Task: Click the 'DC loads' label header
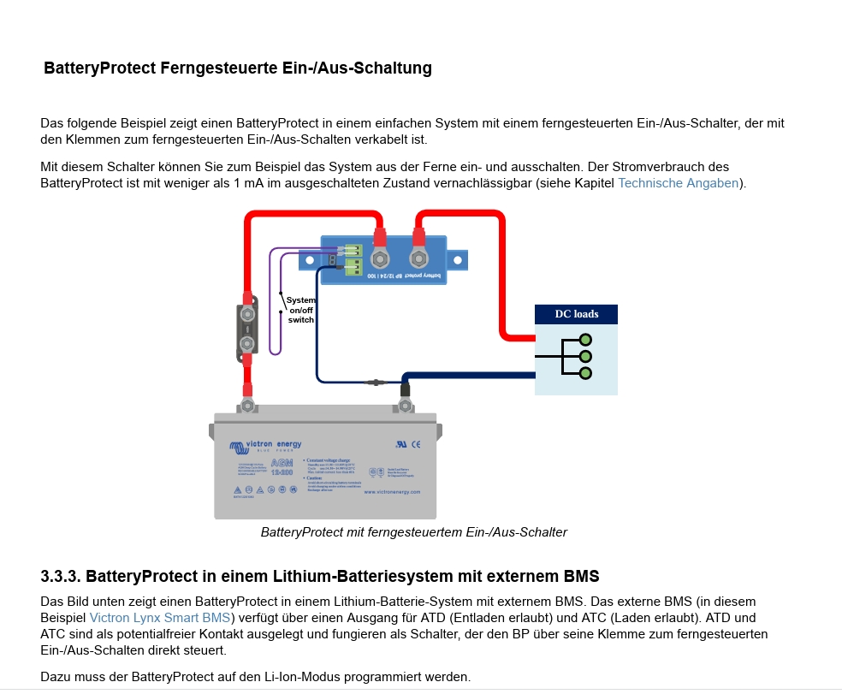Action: pos(576,314)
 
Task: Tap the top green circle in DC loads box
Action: pos(585,340)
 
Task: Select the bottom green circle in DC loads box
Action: pos(585,373)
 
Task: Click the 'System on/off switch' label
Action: pos(300,310)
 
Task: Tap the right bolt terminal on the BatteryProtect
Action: pos(418,258)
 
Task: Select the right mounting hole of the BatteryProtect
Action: pos(458,258)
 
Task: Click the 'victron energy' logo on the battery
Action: pos(265,446)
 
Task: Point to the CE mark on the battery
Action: pos(416,444)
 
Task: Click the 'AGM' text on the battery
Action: pos(281,463)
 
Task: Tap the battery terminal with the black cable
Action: pos(405,402)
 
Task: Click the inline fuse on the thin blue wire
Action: pos(374,382)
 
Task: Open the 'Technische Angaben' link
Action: pos(678,183)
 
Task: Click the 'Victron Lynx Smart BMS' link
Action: pos(160,618)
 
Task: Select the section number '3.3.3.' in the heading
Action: pos(61,575)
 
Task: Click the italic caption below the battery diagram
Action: pos(413,532)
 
